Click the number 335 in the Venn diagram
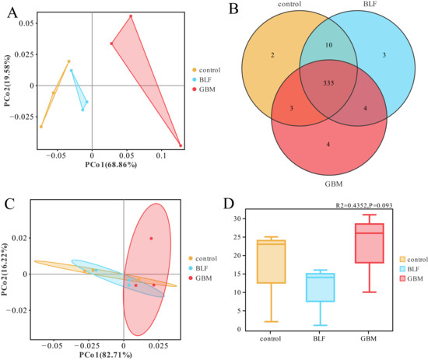[x=328, y=83]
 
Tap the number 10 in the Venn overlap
[x=328, y=45]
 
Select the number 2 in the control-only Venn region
[x=272, y=55]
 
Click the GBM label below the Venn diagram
[x=334, y=183]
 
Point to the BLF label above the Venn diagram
[x=370, y=4]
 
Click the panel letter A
[x=12, y=12]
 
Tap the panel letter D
[x=229, y=204]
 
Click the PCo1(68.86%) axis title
[x=111, y=165]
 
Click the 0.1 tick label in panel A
[x=161, y=156]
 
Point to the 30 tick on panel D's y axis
[x=237, y=218]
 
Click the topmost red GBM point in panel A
[x=131, y=16]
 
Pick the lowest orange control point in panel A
[x=41, y=127]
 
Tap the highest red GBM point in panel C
[x=151, y=239]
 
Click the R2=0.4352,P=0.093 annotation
[x=364, y=205]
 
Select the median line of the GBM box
[x=370, y=233]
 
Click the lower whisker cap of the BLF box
[x=320, y=325]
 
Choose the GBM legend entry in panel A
[x=204, y=89]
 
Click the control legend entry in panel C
[x=203, y=258]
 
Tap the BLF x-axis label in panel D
[x=319, y=339]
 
